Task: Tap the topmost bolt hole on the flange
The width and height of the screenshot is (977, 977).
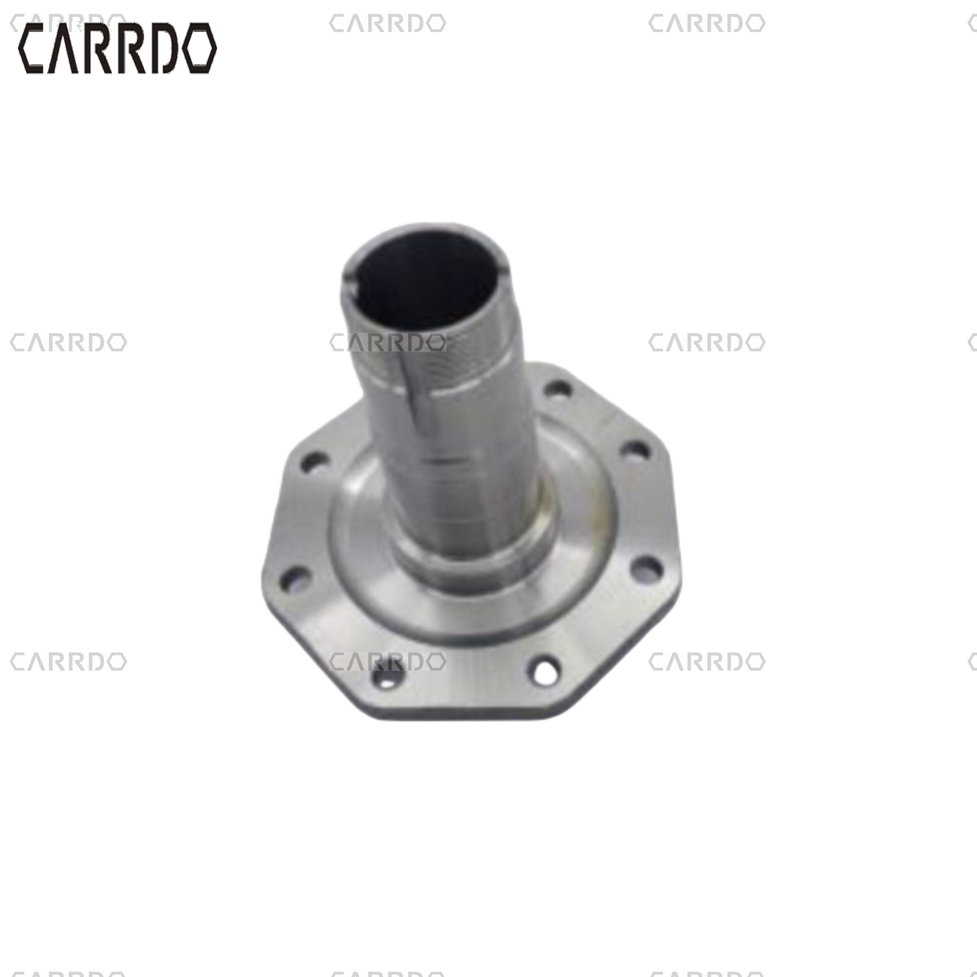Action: click(559, 390)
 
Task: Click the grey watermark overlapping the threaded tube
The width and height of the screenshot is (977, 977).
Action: click(388, 342)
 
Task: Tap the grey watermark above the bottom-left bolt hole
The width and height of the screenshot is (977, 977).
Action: click(388, 661)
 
